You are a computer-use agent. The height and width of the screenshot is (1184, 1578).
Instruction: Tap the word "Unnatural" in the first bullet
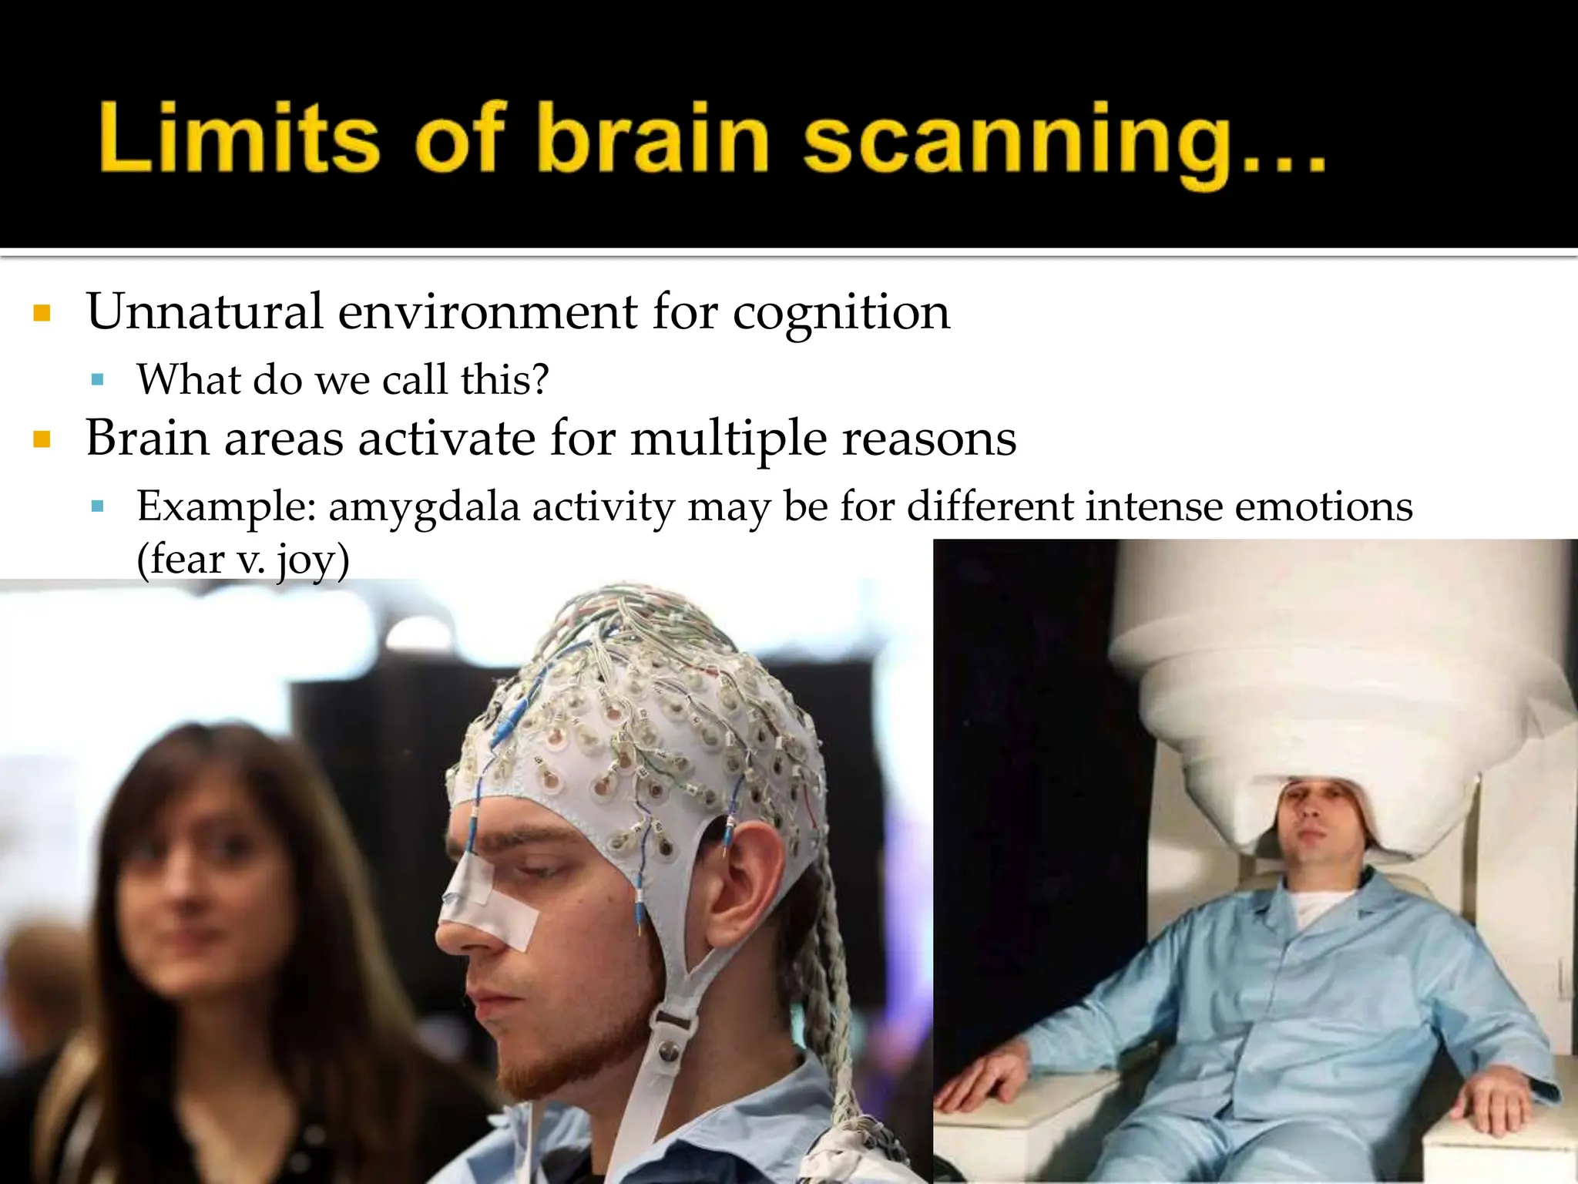(x=205, y=312)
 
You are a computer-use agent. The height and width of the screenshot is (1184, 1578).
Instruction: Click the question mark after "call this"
(x=540, y=379)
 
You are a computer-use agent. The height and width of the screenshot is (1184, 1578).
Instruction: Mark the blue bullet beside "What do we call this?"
(x=97, y=380)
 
